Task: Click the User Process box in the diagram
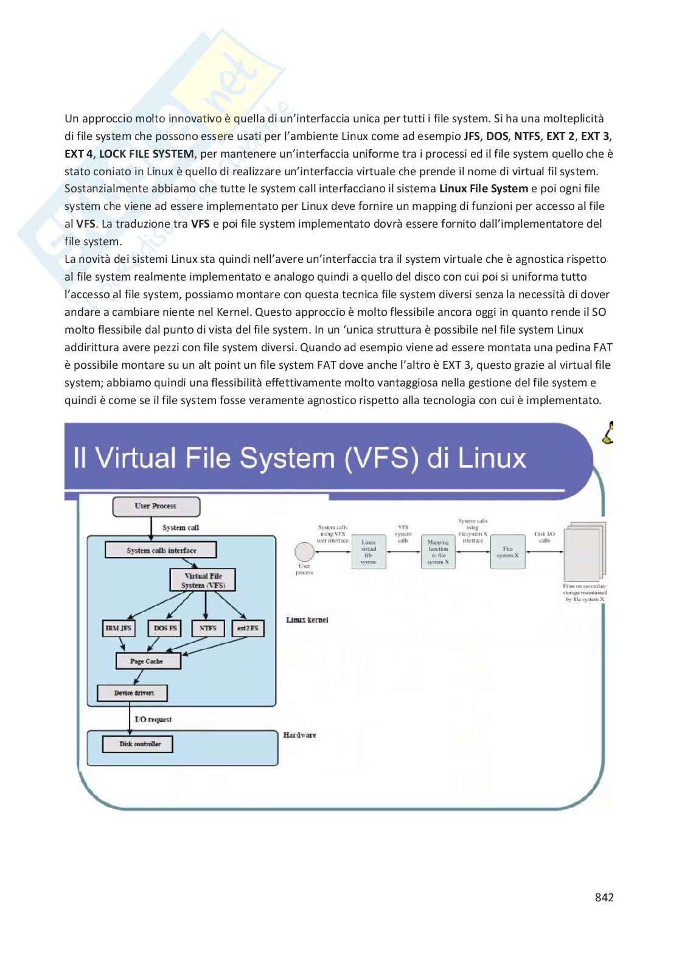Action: (156, 506)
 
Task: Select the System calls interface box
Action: (161, 550)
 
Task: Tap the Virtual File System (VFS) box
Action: (203, 580)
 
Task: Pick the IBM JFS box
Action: (119, 628)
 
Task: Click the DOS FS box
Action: (165, 628)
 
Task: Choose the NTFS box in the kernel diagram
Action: (207, 628)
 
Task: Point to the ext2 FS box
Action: (248, 628)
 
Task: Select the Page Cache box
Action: (147, 661)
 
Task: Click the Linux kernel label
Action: (307, 620)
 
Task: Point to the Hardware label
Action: (299, 735)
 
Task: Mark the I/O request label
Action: (153, 719)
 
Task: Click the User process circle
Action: (304, 552)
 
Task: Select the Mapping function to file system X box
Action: (438, 552)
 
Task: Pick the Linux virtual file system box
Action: (369, 552)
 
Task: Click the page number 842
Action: (604, 897)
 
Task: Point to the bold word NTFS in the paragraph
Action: (527, 136)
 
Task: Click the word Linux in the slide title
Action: (492, 458)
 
